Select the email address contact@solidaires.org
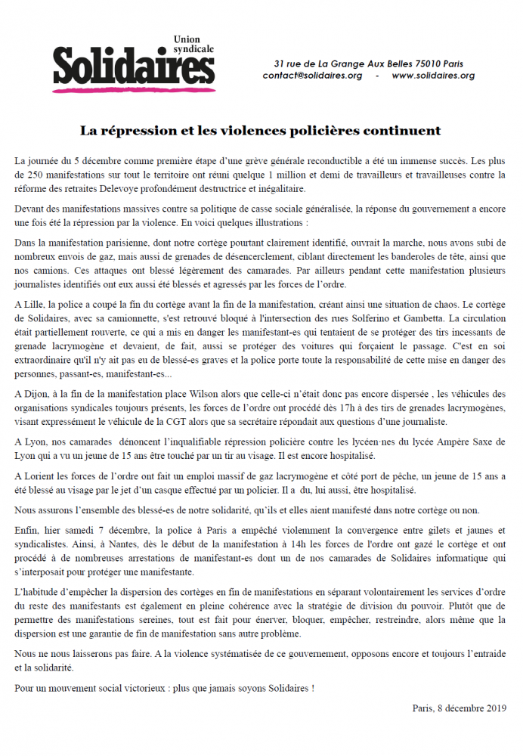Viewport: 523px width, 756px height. [312, 76]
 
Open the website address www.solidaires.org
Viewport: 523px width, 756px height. [433, 76]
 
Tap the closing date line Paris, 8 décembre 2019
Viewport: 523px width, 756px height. [460, 708]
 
